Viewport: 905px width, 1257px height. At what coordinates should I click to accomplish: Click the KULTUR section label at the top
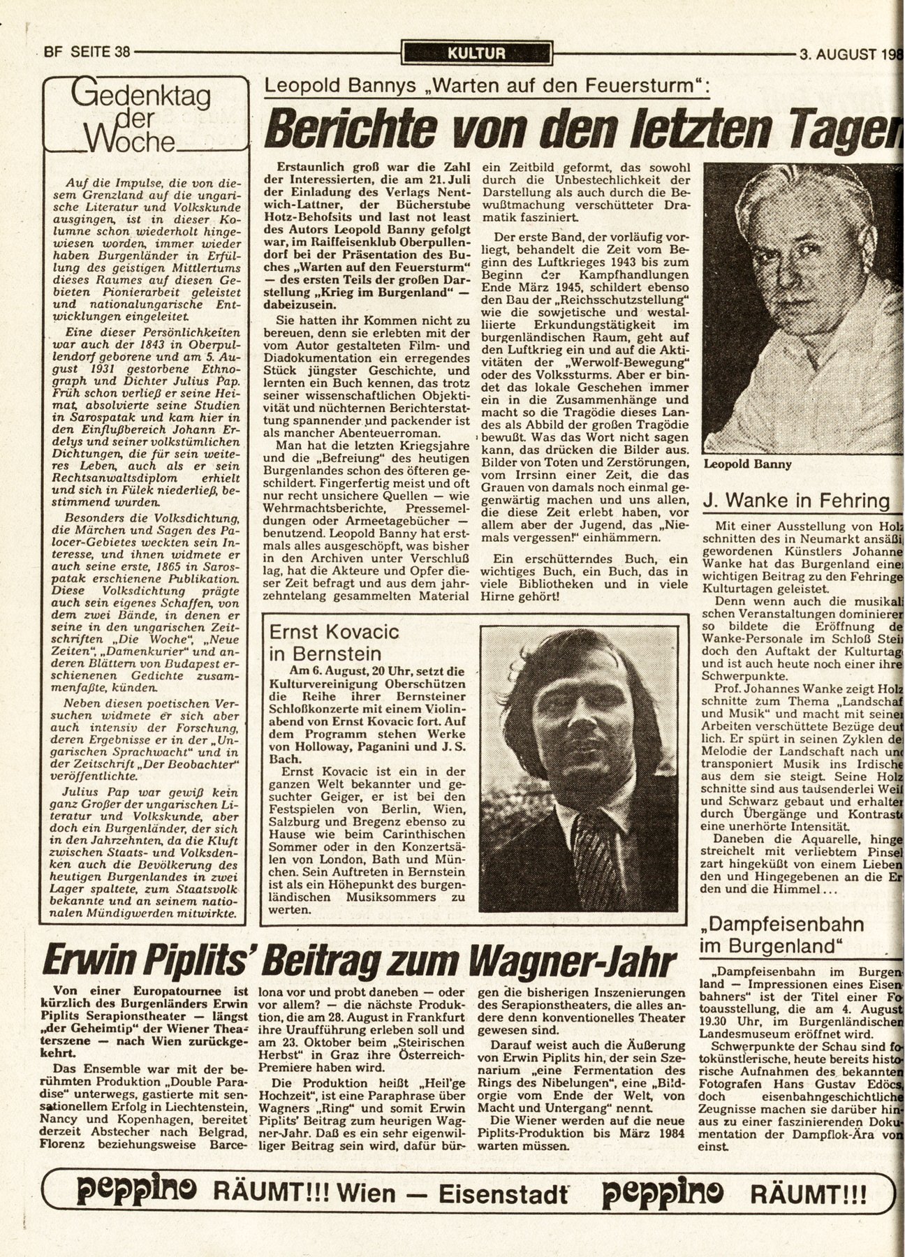click(477, 52)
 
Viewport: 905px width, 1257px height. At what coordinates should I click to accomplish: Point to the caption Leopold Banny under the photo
click(747, 464)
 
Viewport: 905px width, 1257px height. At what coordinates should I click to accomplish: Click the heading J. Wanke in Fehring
click(796, 500)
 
